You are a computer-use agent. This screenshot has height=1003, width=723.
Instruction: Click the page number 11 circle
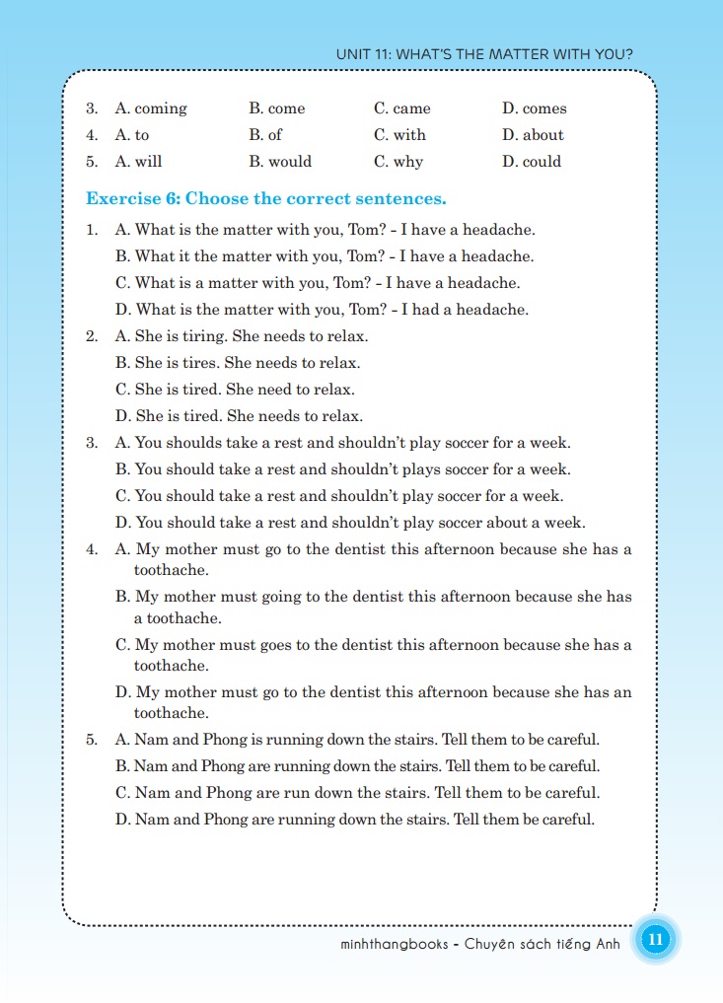click(655, 940)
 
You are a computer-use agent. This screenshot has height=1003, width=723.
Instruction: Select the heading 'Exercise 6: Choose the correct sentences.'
click(266, 199)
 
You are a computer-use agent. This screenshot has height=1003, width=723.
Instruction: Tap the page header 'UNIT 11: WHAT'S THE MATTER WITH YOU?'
click(484, 55)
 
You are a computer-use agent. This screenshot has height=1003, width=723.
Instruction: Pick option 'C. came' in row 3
click(402, 108)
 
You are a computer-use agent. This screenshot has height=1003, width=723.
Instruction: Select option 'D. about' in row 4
click(533, 135)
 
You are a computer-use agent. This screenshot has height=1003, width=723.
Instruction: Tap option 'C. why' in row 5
click(398, 162)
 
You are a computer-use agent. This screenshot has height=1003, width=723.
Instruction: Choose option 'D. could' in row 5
click(532, 162)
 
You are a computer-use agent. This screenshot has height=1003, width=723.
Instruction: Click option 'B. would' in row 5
click(280, 162)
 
